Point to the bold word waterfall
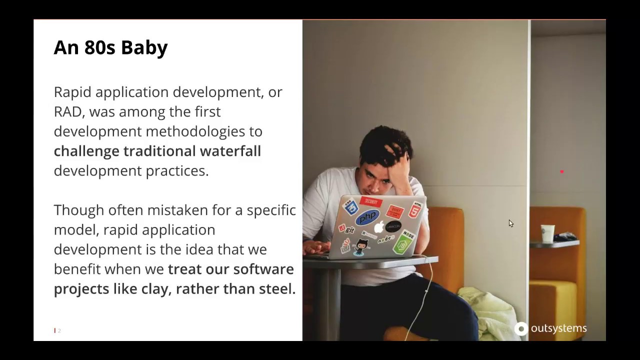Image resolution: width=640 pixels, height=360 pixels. [x=230, y=151]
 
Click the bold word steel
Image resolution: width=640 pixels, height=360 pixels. [x=277, y=289]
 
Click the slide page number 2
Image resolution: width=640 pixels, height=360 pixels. [x=59, y=330]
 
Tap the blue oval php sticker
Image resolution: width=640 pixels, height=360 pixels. [x=367, y=217]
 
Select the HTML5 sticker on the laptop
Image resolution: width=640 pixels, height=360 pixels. [x=414, y=210]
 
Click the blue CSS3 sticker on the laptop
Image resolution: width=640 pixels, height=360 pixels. [x=351, y=206]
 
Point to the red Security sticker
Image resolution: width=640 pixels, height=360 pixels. [x=371, y=201]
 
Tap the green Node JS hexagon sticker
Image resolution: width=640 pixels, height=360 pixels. [x=403, y=243]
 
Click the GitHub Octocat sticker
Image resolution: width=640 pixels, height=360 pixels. [x=361, y=246]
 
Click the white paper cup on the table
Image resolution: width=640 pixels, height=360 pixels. [x=547, y=233]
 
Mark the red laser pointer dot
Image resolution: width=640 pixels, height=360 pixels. [x=562, y=172]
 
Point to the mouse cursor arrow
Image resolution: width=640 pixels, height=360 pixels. [x=510, y=223]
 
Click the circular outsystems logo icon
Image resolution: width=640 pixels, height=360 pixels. [x=521, y=328]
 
